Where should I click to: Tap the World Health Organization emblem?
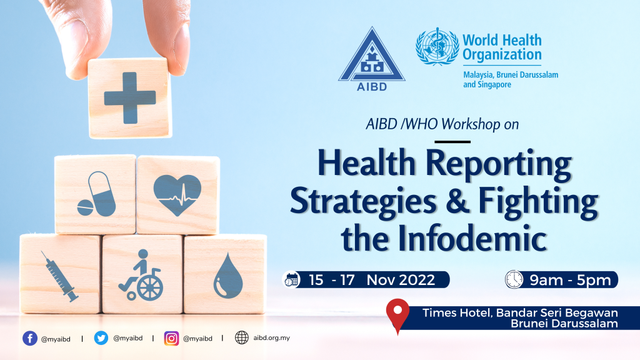point(437,46)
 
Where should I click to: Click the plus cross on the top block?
point(129,97)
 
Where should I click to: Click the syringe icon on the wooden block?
point(60,275)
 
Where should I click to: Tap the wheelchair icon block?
point(142,275)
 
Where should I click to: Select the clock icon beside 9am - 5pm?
point(514,279)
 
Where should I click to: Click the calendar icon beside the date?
point(291,279)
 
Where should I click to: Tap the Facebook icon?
point(29,338)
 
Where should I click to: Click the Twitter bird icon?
point(101,338)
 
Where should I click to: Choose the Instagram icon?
point(171,338)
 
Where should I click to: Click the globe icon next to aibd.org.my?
point(242,338)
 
